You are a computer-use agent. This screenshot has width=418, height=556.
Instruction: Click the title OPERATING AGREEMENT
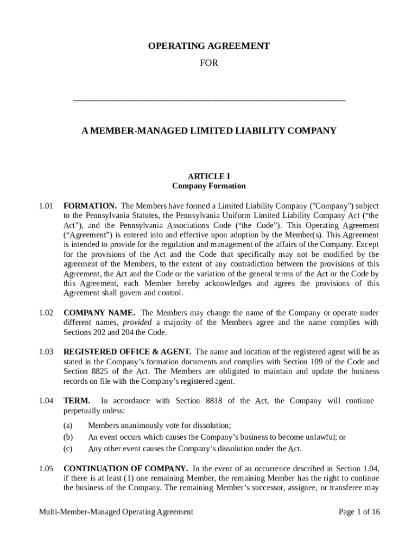(x=208, y=46)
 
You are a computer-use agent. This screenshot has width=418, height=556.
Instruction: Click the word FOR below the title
(x=208, y=63)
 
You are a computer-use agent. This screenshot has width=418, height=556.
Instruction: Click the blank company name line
(x=208, y=100)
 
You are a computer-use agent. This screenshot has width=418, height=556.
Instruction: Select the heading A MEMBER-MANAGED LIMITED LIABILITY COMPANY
(x=208, y=131)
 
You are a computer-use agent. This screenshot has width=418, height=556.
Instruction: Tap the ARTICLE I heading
(x=208, y=176)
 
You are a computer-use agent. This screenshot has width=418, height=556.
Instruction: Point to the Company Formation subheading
(x=208, y=186)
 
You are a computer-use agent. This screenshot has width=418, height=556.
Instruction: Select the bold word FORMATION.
(x=90, y=206)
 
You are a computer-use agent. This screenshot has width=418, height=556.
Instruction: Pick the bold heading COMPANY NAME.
(x=100, y=313)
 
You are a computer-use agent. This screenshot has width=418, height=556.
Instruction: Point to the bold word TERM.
(x=75, y=401)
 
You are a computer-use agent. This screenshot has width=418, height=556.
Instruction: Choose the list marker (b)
(x=68, y=437)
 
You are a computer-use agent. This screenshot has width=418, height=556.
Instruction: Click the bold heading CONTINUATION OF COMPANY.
(x=125, y=468)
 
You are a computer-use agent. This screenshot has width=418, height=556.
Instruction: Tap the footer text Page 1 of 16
(x=359, y=511)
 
